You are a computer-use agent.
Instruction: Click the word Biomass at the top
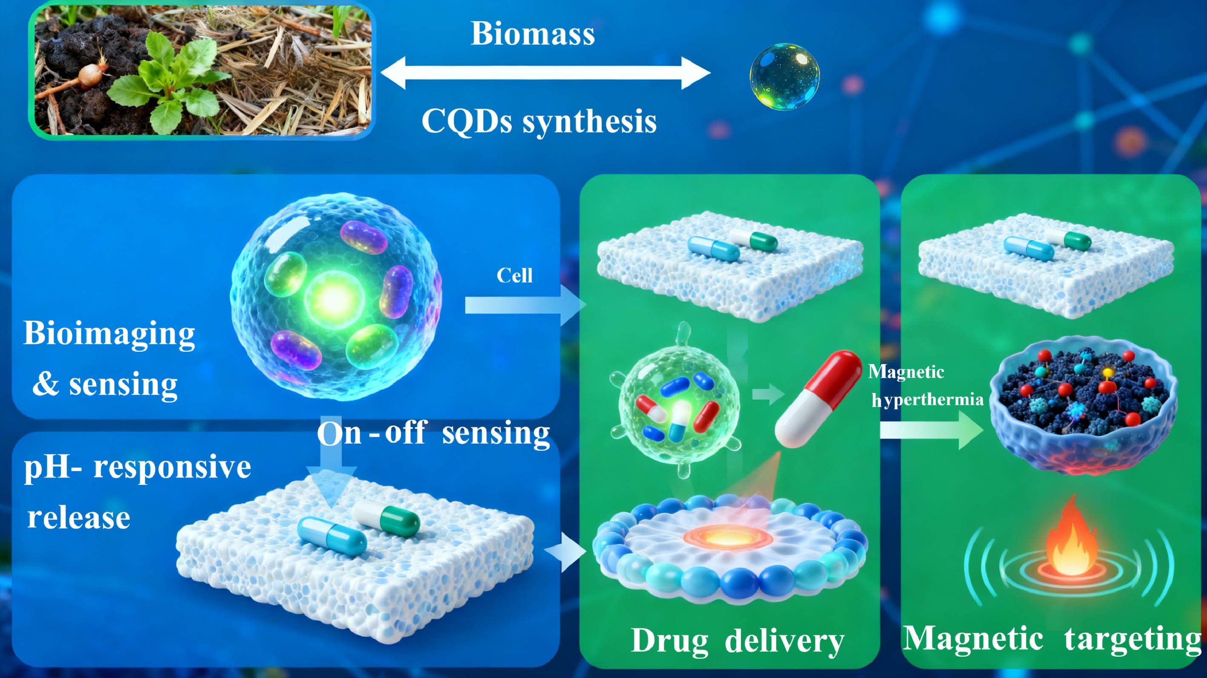click(532, 34)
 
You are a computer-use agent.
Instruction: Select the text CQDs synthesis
click(539, 121)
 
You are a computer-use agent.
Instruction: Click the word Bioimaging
click(109, 333)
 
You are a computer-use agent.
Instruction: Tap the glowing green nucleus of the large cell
click(334, 298)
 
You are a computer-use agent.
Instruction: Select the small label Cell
click(514, 275)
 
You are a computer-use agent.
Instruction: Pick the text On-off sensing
click(433, 433)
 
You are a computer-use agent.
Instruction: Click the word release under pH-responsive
click(79, 518)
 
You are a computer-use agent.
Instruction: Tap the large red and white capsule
click(817, 398)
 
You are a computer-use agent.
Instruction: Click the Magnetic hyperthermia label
click(926, 386)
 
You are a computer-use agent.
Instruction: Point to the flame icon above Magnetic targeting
click(1072, 538)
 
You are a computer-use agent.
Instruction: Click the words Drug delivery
click(737, 641)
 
